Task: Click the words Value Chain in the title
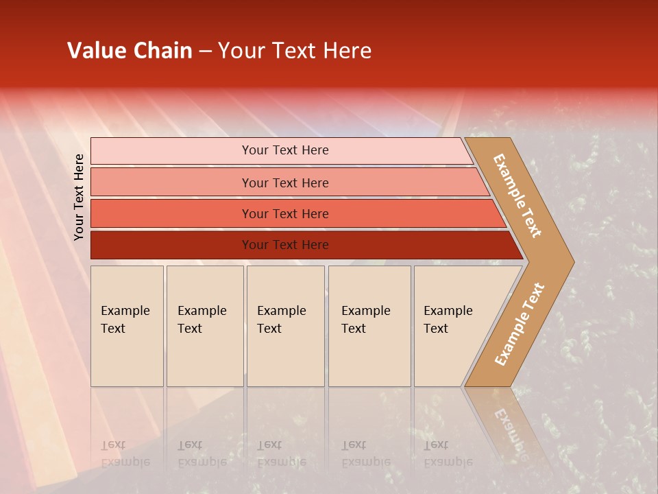[130, 51]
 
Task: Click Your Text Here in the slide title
[295, 51]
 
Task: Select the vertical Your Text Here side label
[80, 197]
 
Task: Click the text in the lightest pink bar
[285, 150]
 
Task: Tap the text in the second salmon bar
[285, 183]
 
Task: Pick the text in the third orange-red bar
[285, 214]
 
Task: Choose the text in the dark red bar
[285, 245]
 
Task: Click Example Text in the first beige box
[125, 320]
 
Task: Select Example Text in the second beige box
[202, 320]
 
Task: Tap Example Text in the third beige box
[281, 320]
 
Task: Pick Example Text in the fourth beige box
[365, 320]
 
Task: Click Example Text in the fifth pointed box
[448, 320]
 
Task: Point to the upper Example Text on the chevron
[517, 196]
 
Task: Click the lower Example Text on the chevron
[519, 325]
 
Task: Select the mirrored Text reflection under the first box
[113, 445]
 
